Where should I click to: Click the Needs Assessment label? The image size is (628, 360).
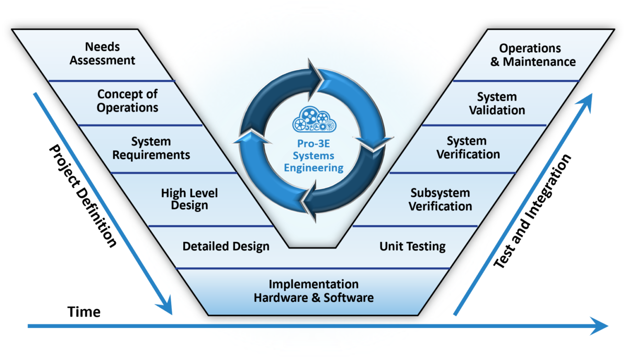point(103,53)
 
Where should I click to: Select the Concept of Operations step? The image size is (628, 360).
point(128,101)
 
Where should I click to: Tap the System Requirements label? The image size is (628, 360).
point(151,148)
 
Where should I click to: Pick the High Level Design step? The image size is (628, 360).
point(189,199)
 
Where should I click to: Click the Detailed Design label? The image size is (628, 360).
point(226,246)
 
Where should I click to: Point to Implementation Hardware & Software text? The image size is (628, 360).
point(313,291)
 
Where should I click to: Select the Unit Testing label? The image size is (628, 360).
point(412,246)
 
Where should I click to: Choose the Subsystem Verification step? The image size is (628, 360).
point(440,199)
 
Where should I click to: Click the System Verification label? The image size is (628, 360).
point(468,148)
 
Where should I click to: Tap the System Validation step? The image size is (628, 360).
point(497,103)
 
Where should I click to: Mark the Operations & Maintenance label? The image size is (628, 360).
point(530,55)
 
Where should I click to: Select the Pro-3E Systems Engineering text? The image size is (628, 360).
point(313,155)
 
